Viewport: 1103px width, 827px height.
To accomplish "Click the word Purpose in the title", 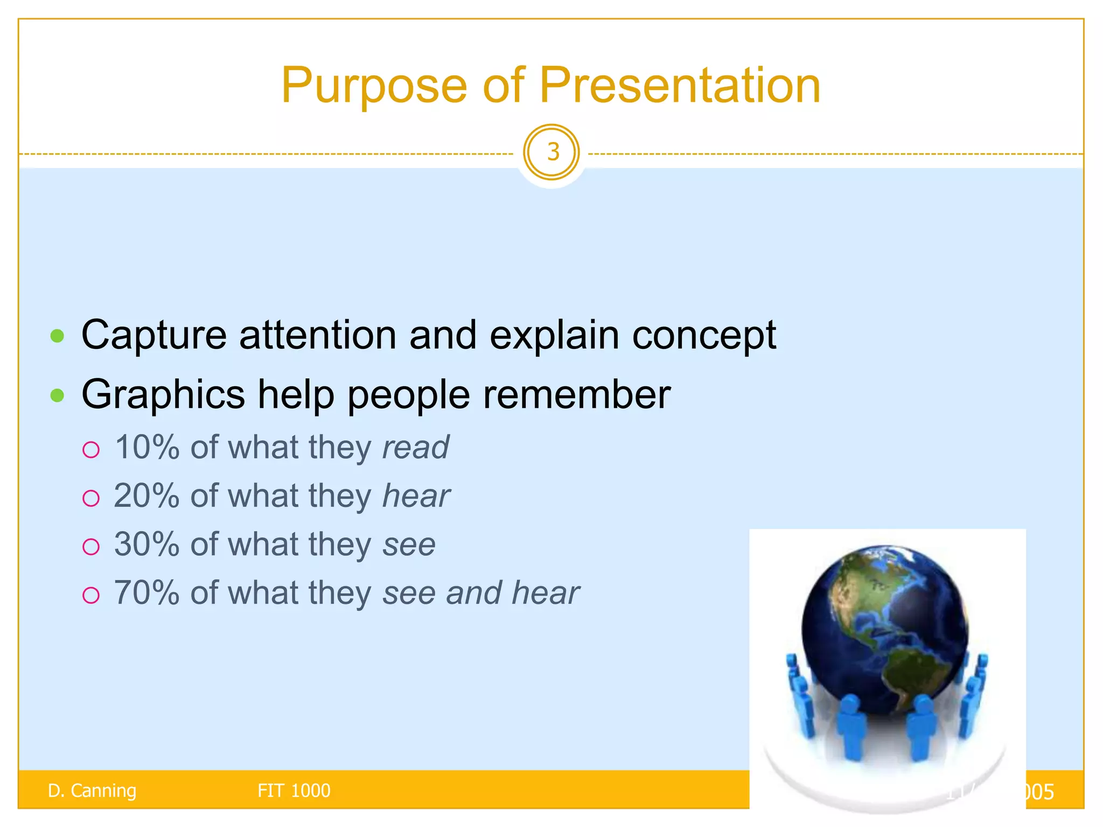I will click(x=374, y=86).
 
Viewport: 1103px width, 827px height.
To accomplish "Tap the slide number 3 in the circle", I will click(x=552, y=152).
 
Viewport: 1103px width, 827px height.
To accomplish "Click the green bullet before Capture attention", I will click(x=57, y=337).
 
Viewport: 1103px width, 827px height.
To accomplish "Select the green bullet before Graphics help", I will click(x=57, y=396).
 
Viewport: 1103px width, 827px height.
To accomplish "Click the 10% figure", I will click(x=146, y=447).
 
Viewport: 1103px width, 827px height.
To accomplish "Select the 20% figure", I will click(x=146, y=496).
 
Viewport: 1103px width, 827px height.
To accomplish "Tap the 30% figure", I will click(x=146, y=544).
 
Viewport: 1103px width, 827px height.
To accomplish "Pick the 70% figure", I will click(x=146, y=593).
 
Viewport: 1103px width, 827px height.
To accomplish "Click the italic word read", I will click(x=415, y=447).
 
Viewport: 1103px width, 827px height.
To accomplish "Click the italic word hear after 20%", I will click(x=416, y=496).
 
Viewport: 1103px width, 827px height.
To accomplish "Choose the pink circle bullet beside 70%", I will click(x=91, y=595).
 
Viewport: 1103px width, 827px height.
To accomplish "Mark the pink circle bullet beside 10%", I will click(x=91, y=450).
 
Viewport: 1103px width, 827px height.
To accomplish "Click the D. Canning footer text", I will click(x=92, y=790).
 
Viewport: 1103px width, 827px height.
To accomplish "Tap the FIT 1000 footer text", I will click(x=294, y=790).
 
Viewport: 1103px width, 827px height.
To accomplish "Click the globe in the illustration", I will click(x=883, y=625).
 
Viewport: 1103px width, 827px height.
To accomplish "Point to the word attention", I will click(x=318, y=335).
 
